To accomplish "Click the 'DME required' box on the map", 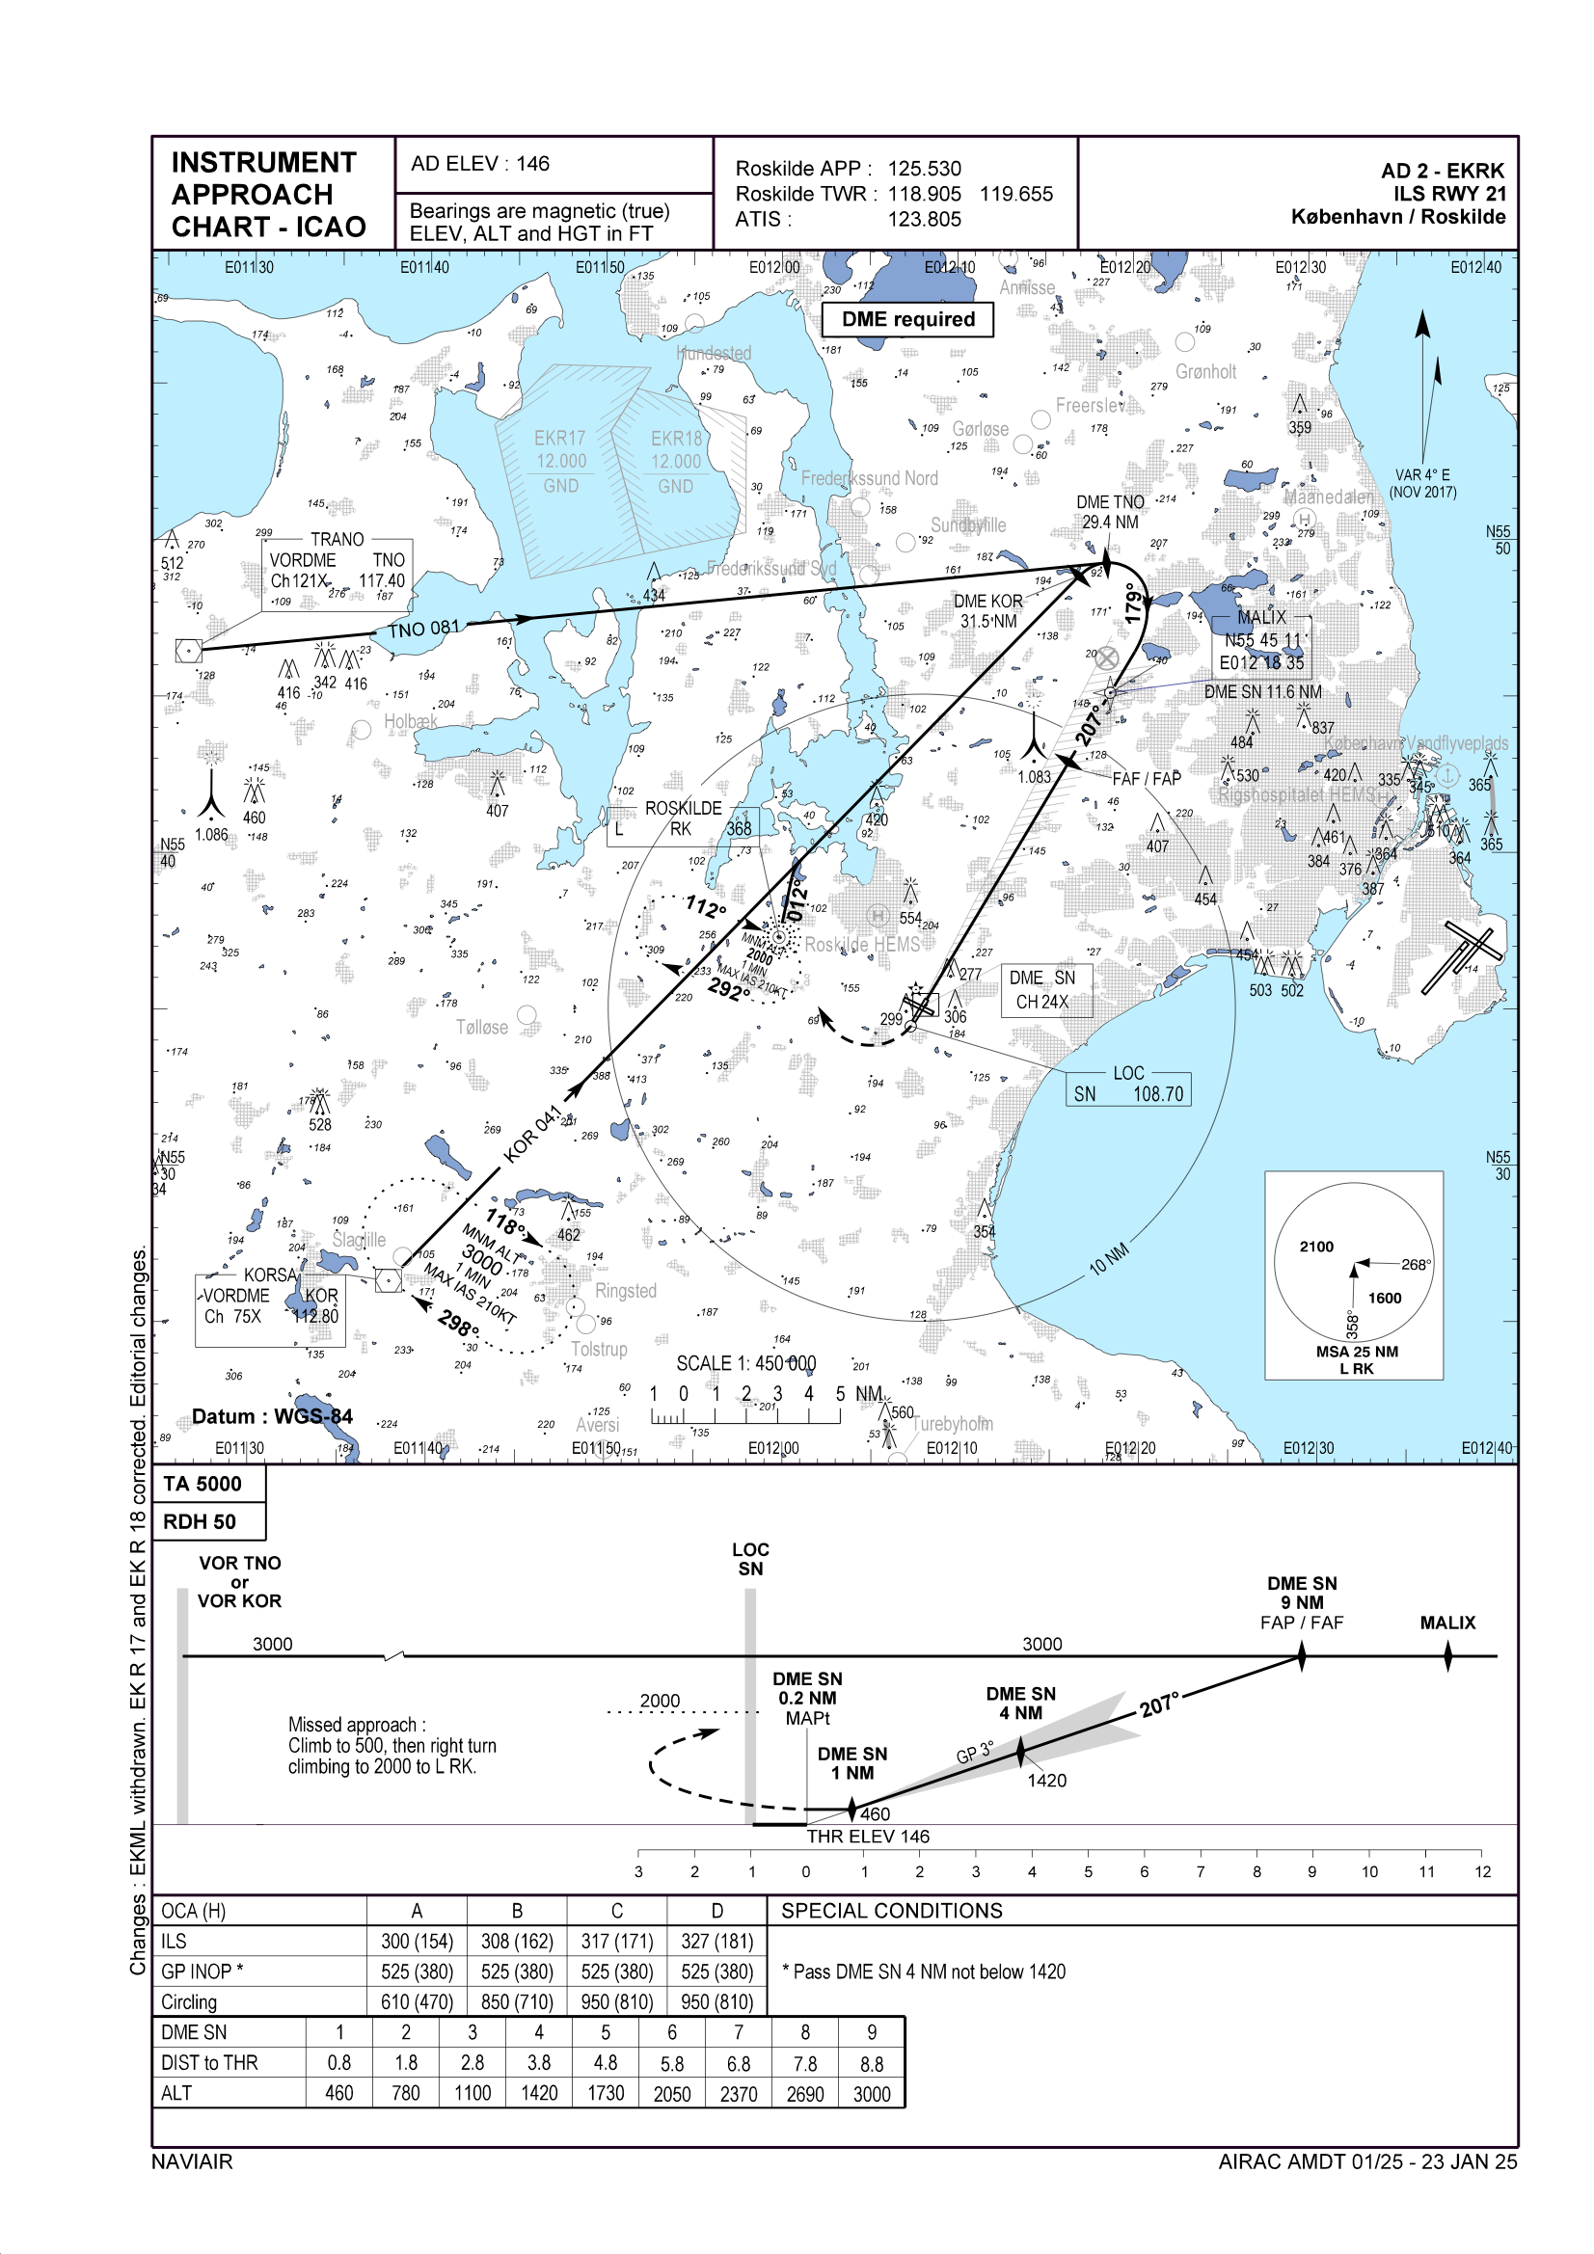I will click(x=907, y=319).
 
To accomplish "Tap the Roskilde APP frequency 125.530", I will click(x=923, y=169).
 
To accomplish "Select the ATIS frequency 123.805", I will click(x=923, y=220).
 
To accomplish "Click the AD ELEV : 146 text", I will click(x=480, y=164).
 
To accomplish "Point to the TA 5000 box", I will click(x=203, y=1484).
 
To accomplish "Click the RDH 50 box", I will click(x=200, y=1521).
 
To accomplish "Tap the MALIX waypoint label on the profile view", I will click(x=1446, y=1623).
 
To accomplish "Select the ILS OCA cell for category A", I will click(x=417, y=1942).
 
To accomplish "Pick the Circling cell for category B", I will click(x=517, y=2002).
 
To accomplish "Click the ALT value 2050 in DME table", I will click(x=672, y=2094).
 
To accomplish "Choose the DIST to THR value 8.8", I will click(x=871, y=2063).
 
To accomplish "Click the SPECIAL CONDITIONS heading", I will click(x=892, y=1911).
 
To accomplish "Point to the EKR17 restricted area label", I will click(x=560, y=439).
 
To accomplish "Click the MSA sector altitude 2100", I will click(x=1316, y=1247).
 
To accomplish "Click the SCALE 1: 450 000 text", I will click(x=745, y=1363).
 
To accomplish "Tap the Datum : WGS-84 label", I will click(x=272, y=1416).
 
